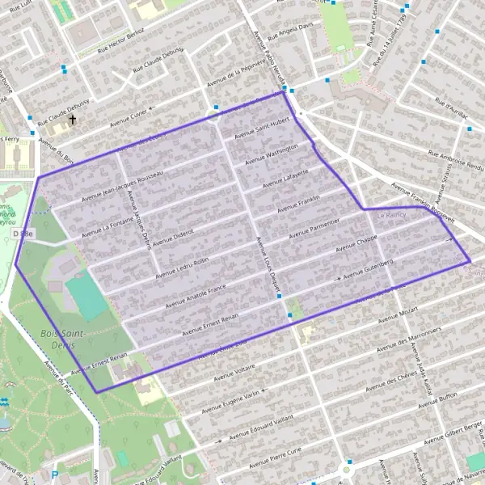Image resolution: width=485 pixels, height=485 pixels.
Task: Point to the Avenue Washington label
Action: pos(272,153)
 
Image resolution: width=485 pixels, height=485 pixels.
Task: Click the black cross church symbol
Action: pos(72,120)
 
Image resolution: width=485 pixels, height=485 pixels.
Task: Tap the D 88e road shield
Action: pos(23,234)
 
